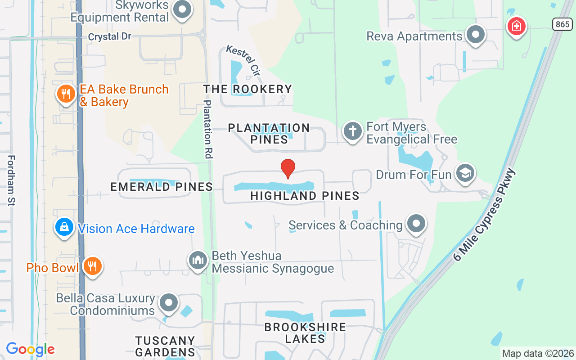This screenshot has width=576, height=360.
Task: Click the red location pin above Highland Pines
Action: coord(288,169)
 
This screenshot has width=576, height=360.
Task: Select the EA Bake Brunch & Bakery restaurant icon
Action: coord(66,94)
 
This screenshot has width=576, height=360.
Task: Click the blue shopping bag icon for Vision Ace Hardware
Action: coord(64,227)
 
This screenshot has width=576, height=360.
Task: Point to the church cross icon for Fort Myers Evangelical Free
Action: coord(352,132)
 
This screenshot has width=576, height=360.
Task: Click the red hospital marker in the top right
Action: coord(517,26)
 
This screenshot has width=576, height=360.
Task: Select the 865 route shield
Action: coord(562,24)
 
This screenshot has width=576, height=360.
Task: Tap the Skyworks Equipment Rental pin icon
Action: coord(182,9)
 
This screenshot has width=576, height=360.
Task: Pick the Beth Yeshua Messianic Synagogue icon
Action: coord(198,260)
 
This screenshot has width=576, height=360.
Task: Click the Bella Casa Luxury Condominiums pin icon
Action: coord(169,303)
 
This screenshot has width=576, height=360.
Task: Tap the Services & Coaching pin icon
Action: coord(416,223)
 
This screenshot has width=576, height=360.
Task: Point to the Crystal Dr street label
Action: coord(109,36)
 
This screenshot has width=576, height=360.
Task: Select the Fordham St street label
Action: coord(11,180)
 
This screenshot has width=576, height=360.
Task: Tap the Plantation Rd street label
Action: coord(207,129)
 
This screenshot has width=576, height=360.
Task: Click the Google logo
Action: coord(31,349)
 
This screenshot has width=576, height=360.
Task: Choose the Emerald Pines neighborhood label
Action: coord(162,187)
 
